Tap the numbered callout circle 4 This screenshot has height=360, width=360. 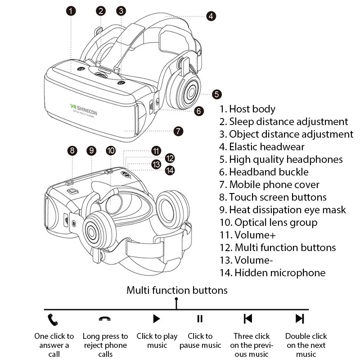(x=211, y=16)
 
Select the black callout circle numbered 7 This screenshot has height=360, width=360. (x=178, y=131)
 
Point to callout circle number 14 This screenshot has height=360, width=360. (x=170, y=170)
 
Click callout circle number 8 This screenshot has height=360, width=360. (x=72, y=151)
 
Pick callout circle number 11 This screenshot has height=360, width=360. (x=156, y=151)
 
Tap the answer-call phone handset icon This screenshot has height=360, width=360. (x=54, y=319)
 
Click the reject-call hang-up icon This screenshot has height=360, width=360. (x=105, y=319)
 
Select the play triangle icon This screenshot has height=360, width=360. (x=156, y=319)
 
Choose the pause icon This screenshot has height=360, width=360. (x=200, y=319)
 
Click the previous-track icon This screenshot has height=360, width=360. (x=248, y=319)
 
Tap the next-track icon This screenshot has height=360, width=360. (x=299, y=319)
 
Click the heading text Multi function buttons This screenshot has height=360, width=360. (x=177, y=290)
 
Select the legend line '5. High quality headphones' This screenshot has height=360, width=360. (x=281, y=159)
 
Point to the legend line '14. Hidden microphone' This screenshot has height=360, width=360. (x=272, y=273)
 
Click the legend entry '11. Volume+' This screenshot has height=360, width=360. (x=247, y=235)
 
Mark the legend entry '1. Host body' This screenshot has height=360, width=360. (x=247, y=109)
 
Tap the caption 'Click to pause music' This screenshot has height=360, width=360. (x=200, y=341)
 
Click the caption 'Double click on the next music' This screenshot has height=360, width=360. (x=306, y=345)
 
